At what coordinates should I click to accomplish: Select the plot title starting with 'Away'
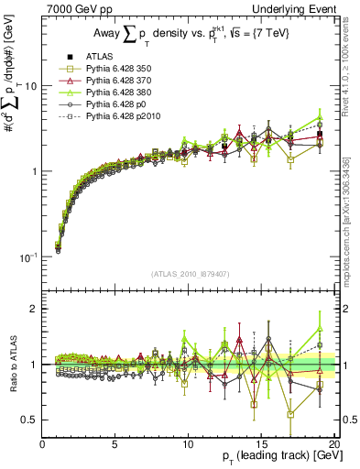tap(187, 34)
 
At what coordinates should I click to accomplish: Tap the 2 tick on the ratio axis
tap(35, 309)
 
